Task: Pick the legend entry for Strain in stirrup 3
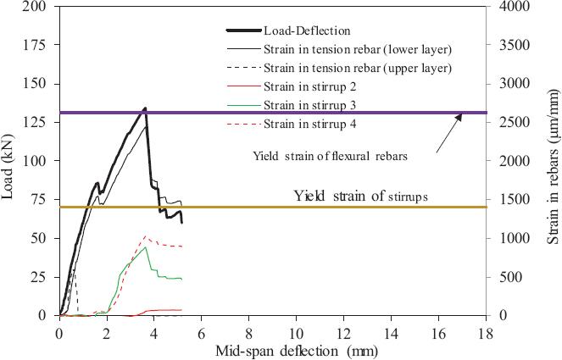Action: coord(309,105)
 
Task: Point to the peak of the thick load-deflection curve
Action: coord(145,108)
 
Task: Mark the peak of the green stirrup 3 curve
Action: coord(146,247)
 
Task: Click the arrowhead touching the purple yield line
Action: coord(459,115)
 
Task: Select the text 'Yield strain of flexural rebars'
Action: coord(321,156)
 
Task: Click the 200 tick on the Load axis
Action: coord(37,7)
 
